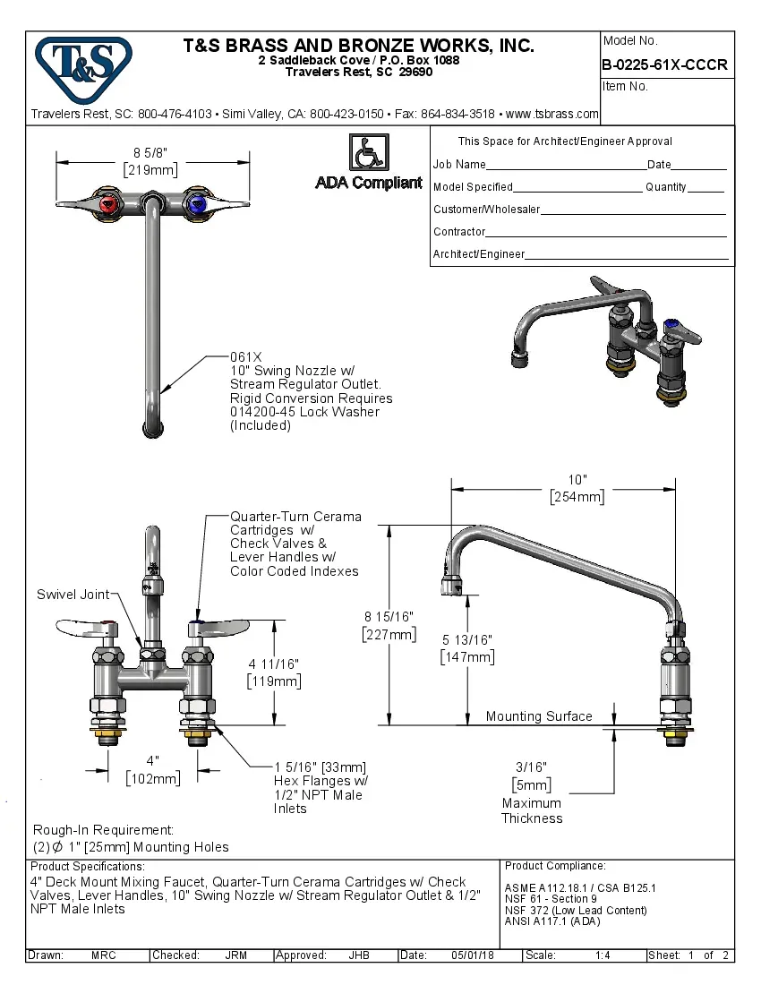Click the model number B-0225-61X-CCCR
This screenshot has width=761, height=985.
[x=664, y=65]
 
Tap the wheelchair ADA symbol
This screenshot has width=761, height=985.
[x=367, y=152]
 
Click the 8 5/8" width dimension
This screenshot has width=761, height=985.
[x=150, y=152]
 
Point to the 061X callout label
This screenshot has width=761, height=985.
[x=246, y=356]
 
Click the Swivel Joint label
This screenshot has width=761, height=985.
[x=73, y=595]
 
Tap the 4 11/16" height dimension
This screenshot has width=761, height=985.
[x=273, y=664]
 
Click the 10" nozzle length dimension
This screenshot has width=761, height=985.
[x=577, y=479]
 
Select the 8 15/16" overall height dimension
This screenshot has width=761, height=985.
[x=389, y=616]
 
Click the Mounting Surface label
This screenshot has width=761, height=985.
[x=539, y=716]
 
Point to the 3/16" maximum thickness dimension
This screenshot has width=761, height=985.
[x=531, y=767]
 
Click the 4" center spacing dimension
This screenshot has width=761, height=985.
[x=153, y=759]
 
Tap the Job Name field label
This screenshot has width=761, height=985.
[x=459, y=165]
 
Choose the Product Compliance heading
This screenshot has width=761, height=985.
[x=555, y=866]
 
